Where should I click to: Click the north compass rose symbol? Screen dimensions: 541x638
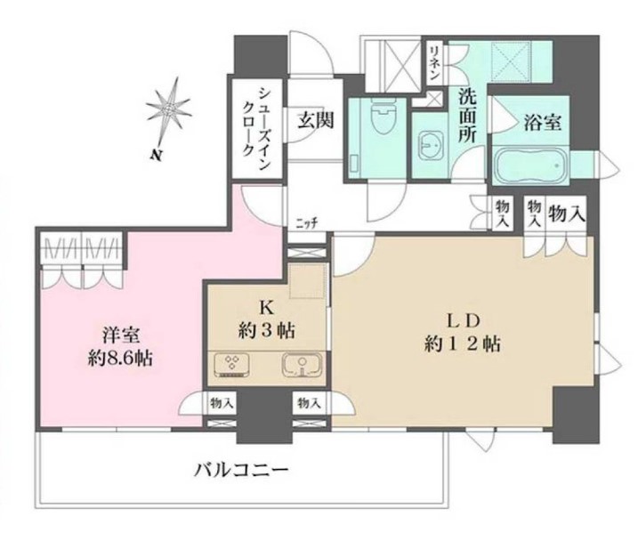169,109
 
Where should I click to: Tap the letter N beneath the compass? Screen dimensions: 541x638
156,154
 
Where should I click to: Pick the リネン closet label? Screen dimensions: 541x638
433,61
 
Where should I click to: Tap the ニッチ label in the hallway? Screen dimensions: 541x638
307,223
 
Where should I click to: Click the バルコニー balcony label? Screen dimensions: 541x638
240,470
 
